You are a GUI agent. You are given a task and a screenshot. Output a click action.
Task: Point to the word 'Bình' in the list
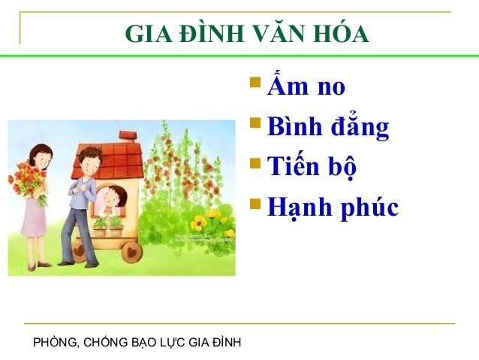tap(295, 127)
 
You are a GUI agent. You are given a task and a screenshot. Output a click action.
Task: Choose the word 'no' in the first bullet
tap(331, 87)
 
